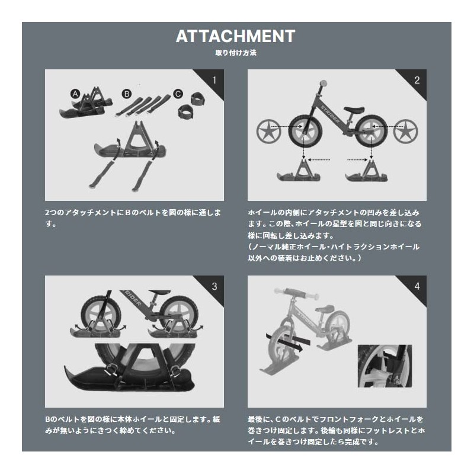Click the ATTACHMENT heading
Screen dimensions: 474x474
click(x=235, y=36)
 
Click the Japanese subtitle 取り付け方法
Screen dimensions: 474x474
click(x=235, y=52)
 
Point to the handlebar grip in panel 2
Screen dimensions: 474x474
click(x=323, y=83)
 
